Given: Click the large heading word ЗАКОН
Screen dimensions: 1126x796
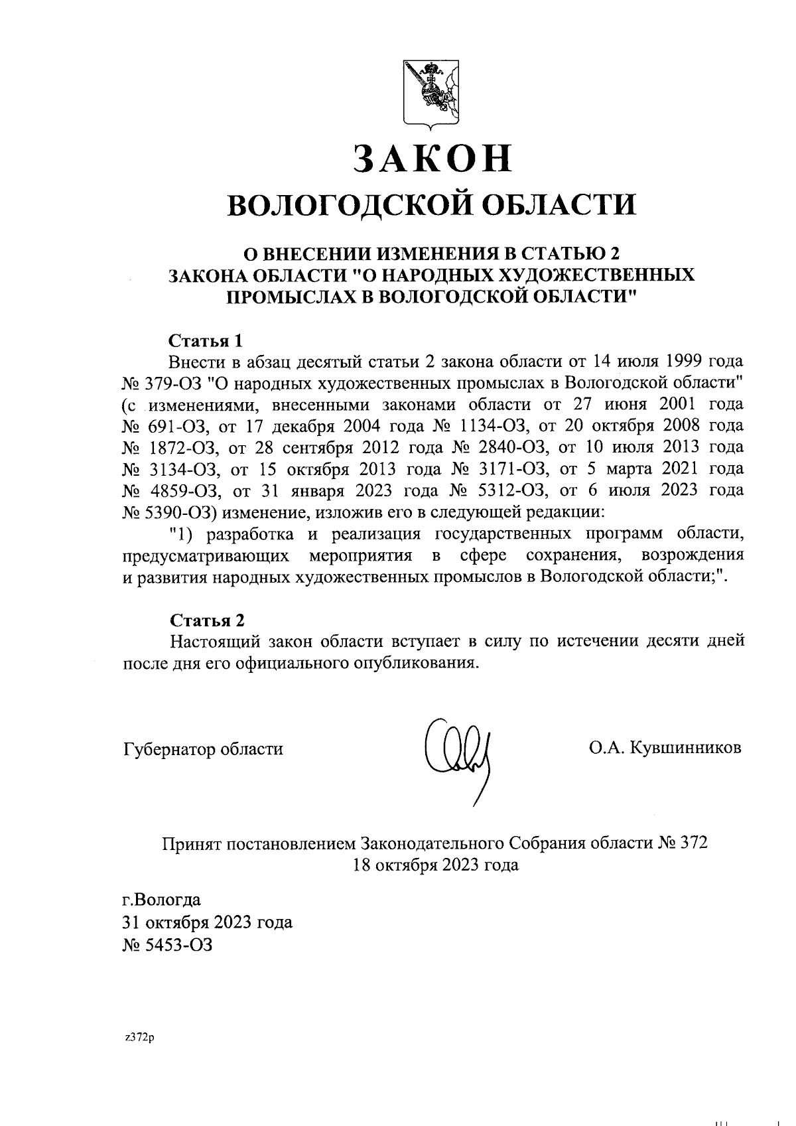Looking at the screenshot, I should [432, 158].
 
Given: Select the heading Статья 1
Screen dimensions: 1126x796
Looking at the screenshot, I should [206, 341].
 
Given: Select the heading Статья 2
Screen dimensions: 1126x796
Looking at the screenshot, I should [207, 620].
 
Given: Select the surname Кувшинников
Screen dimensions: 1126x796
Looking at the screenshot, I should [685, 748].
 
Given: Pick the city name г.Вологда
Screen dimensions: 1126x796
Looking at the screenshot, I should [162, 900].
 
